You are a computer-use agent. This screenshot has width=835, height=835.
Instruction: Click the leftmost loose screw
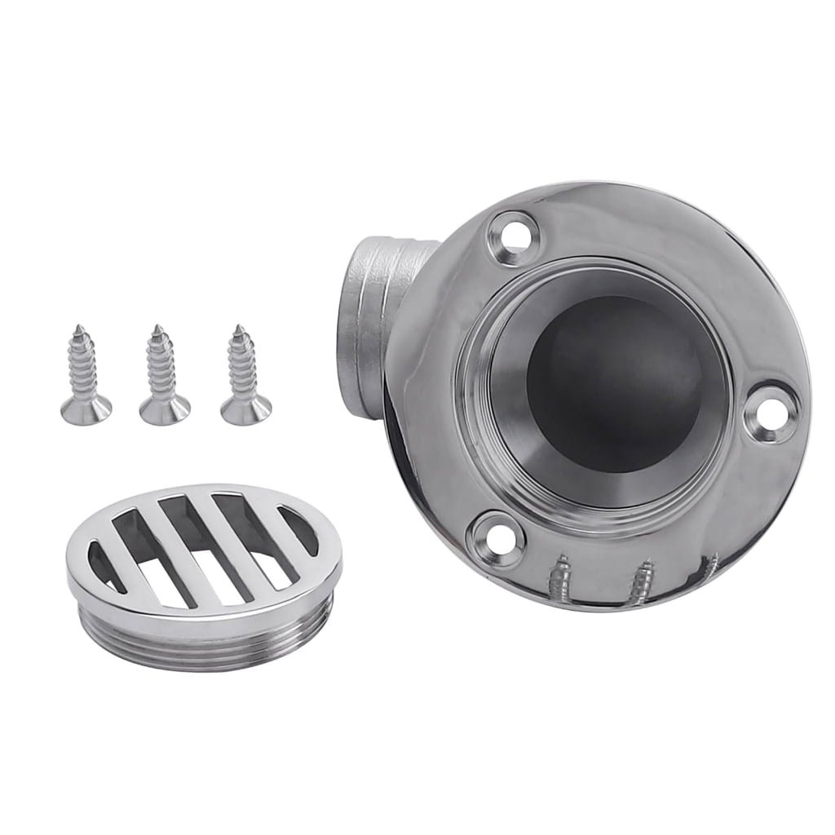click(84, 376)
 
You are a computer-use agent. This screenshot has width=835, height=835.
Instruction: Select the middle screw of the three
click(163, 376)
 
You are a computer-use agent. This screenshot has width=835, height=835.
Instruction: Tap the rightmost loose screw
click(244, 376)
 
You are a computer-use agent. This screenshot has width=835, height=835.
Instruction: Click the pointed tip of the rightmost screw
click(239, 329)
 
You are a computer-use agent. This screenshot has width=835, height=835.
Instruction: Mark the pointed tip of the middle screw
click(158, 329)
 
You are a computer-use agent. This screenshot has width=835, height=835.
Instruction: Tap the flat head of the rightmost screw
click(246, 411)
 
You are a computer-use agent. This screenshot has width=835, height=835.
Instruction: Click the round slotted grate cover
click(204, 563)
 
